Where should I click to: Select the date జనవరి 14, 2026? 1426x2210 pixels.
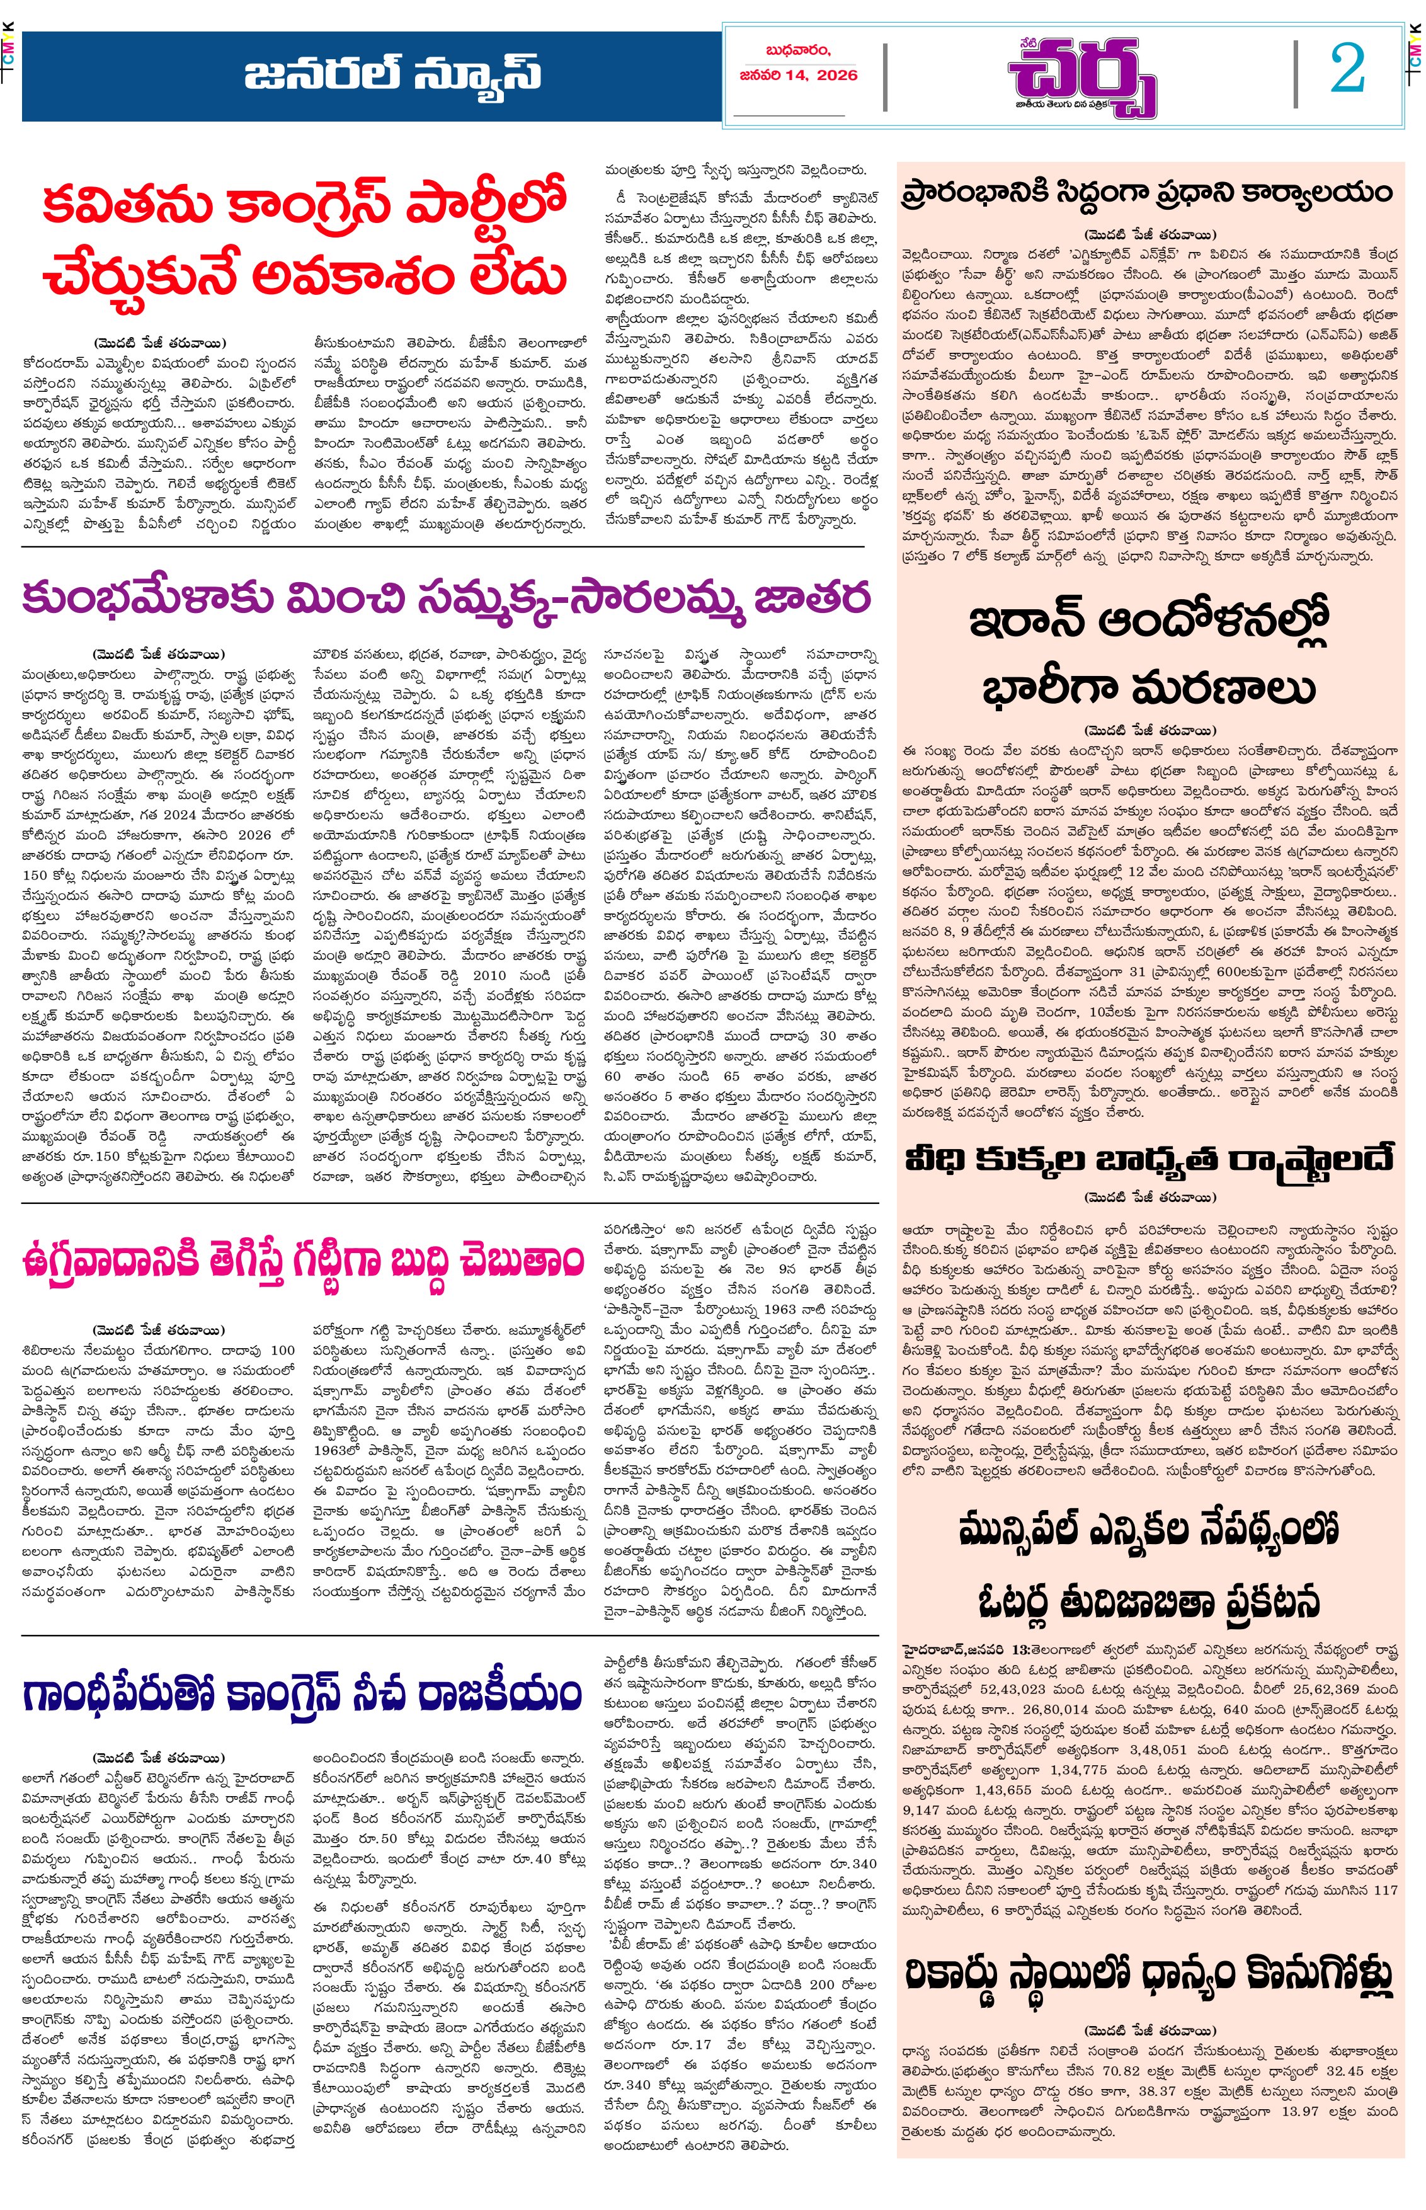(798, 75)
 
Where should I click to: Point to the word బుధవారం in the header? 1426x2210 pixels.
(798, 51)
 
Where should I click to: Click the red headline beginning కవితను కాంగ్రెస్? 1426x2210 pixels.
(305, 238)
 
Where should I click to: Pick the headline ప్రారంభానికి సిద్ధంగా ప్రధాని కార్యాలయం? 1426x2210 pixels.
(1148, 193)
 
